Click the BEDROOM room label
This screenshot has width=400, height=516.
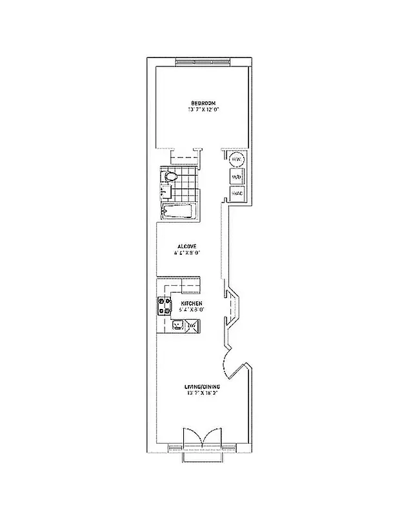click(203, 101)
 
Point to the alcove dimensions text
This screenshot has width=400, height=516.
click(187, 253)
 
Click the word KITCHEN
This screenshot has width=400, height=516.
click(192, 303)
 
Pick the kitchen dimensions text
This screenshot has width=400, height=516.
click(192, 310)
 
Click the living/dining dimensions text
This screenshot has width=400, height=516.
click(203, 393)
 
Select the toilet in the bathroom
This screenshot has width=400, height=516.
click(171, 175)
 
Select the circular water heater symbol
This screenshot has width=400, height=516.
click(236, 159)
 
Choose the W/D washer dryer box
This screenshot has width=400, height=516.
click(236, 177)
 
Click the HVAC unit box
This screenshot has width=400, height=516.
click(236, 193)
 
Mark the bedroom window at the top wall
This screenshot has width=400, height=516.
click(203, 62)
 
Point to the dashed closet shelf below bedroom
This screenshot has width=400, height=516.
click(185, 156)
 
